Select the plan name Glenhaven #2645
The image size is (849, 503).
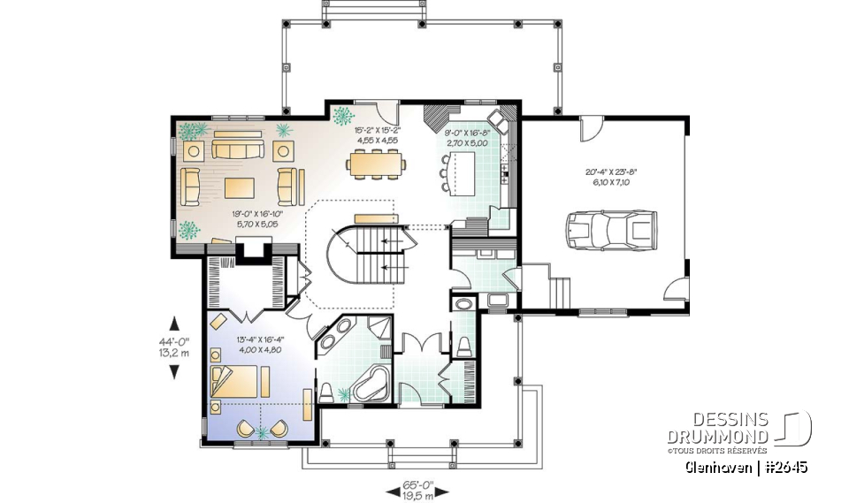[x=746, y=467]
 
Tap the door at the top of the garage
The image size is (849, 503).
[x=589, y=132]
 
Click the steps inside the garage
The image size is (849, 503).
[x=559, y=288]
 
